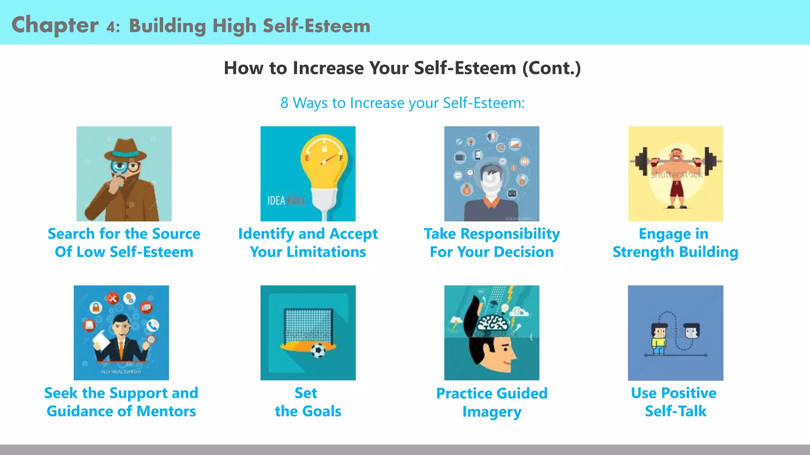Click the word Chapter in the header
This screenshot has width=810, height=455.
[x=55, y=25]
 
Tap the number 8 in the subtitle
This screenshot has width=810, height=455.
[x=284, y=103]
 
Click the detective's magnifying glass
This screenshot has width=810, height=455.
[x=119, y=167]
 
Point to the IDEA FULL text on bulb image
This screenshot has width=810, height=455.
[x=286, y=201]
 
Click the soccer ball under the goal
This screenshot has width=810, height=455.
[x=318, y=350]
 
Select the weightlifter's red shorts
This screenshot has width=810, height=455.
[x=676, y=188]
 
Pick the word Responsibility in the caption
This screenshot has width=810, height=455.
[x=510, y=234]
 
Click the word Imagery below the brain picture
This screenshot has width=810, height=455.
[x=492, y=412]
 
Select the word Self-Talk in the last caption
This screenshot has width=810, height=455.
[x=676, y=412]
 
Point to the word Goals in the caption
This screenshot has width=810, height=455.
[x=322, y=412]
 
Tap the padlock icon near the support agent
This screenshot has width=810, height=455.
[x=95, y=307]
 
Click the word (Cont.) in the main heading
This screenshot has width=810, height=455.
[x=552, y=68]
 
